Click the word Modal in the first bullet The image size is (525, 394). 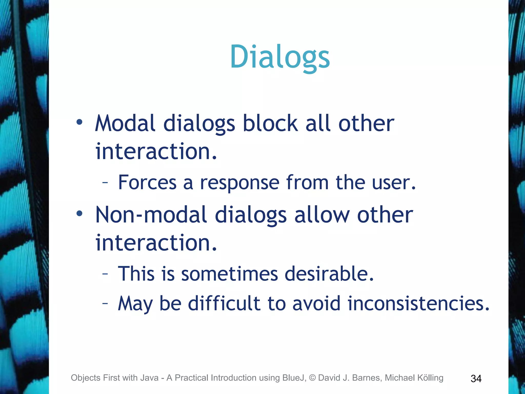[125, 124]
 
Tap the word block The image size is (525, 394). [270, 124]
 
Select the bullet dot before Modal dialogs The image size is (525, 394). [79, 122]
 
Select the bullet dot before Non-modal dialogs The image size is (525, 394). [79, 213]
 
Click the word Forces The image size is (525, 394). [147, 182]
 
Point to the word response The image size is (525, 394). [239, 183]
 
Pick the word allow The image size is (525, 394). [322, 215]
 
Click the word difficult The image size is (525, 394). [224, 303]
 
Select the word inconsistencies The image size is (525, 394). [418, 303]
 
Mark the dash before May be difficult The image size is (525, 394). [105, 304]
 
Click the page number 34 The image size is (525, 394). [476, 379]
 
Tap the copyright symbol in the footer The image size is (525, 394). [312, 378]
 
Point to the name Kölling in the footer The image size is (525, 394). [430, 378]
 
